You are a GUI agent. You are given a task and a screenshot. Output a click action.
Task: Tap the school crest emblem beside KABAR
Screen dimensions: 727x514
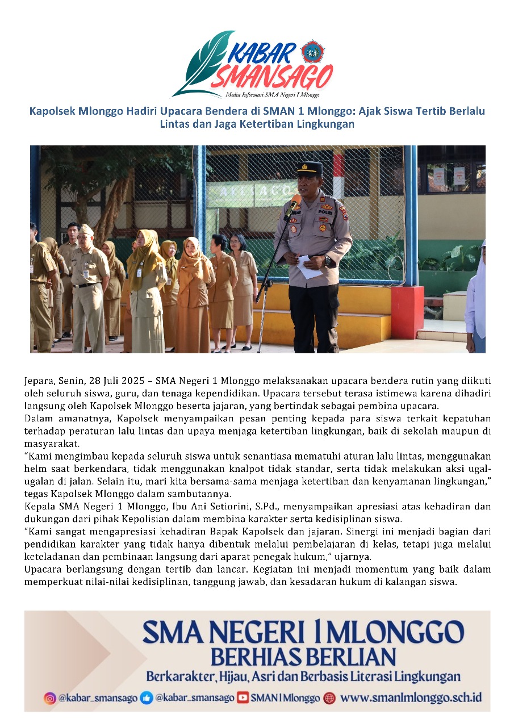coord(311,52)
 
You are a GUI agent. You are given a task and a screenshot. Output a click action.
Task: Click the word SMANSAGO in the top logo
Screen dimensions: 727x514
coord(271,77)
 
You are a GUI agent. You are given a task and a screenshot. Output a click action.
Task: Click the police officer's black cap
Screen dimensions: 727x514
coord(310,168)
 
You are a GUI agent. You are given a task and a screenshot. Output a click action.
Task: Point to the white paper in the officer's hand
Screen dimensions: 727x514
coord(309,267)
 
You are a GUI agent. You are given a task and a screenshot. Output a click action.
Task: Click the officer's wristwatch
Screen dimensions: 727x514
coord(328,261)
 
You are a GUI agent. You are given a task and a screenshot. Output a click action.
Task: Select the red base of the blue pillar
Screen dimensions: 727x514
coord(407,312)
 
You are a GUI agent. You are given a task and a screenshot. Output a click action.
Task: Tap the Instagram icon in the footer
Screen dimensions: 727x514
coord(50,698)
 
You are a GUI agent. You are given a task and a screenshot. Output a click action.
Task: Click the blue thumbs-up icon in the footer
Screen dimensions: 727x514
coord(147,698)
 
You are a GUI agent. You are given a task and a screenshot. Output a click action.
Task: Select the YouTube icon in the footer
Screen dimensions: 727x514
coord(243,698)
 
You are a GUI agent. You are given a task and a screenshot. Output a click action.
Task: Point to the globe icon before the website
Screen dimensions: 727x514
coord(329,698)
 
